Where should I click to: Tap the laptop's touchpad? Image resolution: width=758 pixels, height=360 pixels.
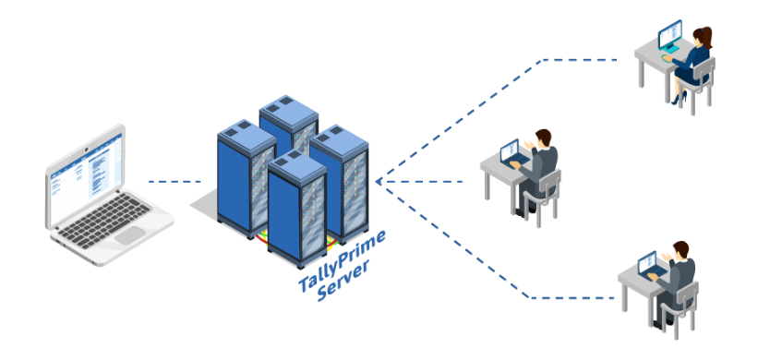pyautogui.click(x=129, y=234)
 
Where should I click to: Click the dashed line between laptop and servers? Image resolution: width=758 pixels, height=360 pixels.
pyautogui.click(x=175, y=181)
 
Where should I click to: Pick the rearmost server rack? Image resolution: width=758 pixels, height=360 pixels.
pyautogui.click(x=288, y=120)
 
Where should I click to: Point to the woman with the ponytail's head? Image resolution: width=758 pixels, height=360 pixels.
pyautogui.click(x=704, y=36)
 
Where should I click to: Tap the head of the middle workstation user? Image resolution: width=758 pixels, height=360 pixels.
pyautogui.click(x=544, y=138)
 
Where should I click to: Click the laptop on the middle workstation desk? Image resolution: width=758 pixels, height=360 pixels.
pyautogui.click(x=511, y=152)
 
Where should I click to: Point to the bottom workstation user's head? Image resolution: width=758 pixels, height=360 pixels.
pyautogui.click(x=680, y=250)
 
